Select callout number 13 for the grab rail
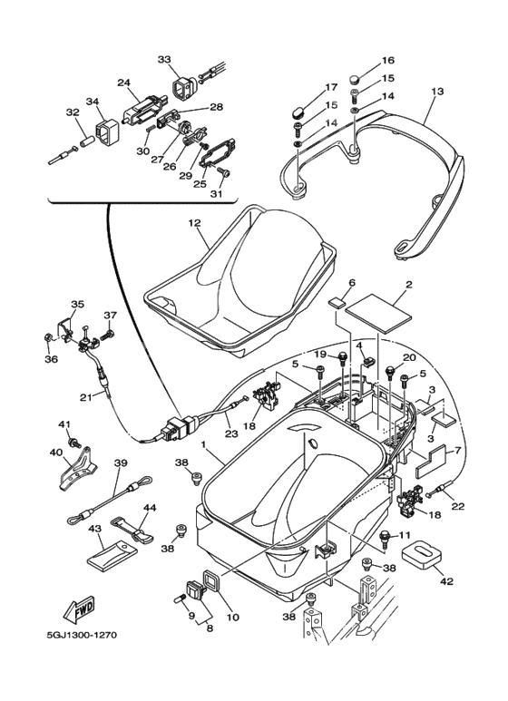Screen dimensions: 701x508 (x=437, y=92)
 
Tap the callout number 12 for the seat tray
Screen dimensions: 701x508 (x=193, y=222)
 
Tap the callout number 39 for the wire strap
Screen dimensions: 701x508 (x=120, y=462)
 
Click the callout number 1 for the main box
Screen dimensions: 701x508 (x=204, y=446)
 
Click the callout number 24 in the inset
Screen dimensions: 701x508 (x=123, y=82)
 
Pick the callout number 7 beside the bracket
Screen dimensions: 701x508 (x=457, y=451)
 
